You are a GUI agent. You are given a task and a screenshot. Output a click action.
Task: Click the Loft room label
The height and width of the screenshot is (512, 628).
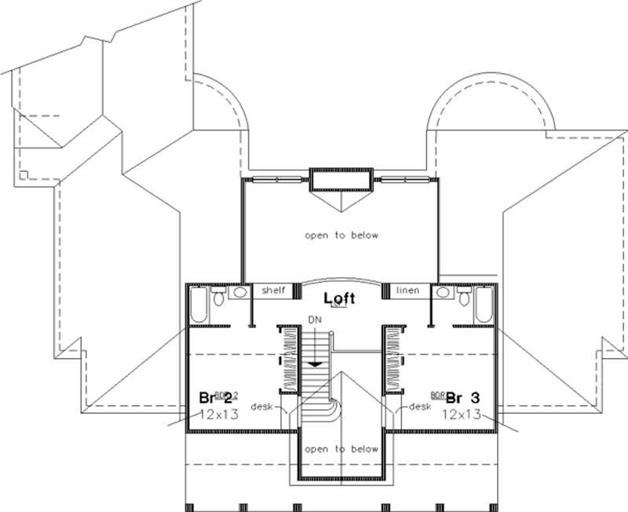pos(339,298)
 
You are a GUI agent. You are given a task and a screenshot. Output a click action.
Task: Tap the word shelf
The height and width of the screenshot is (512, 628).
pos(272,291)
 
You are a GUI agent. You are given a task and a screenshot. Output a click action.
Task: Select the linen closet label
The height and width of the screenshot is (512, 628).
pos(407,291)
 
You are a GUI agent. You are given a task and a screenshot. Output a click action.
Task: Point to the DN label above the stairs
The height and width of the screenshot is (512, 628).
pos(315,321)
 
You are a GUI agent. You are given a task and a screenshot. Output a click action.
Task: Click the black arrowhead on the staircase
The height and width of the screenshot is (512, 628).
pos(315,363)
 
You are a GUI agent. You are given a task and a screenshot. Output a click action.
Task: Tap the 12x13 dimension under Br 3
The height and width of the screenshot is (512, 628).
pos(462,413)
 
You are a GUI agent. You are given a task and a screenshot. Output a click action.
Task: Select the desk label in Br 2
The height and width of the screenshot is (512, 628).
pos(262,406)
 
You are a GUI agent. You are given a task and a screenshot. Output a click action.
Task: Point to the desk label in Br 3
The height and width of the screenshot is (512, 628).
pos(421,406)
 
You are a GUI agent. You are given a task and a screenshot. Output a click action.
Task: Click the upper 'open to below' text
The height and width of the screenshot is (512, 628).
pos(341,235)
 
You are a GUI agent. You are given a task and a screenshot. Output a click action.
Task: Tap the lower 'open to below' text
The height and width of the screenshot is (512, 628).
pos(341,449)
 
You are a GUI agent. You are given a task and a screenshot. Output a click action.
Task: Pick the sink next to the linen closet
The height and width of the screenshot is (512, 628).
pos(444,292)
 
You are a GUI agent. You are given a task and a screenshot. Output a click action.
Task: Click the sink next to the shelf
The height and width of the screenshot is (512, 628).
pos(238,292)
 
